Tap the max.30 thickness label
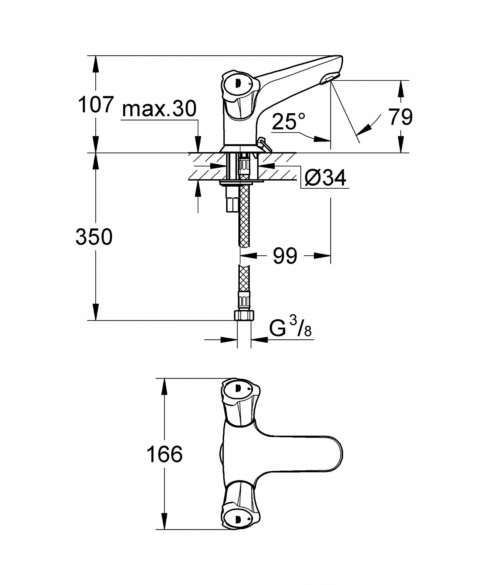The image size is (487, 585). (x=159, y=109)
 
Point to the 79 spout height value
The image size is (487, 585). (x=400, y=117)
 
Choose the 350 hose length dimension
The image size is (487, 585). (x=94, y=237)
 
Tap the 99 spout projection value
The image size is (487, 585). (x=285, y=256)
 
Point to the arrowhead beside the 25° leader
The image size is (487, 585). (x=321, y=139)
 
